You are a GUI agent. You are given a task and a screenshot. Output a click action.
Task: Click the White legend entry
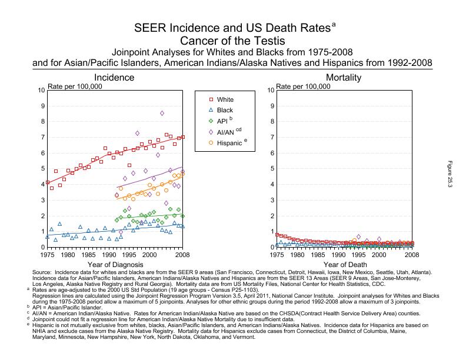pyautogui.click(x=224, y=99)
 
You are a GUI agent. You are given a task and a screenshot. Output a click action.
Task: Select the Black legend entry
pyautogui.click(x=224, y=110)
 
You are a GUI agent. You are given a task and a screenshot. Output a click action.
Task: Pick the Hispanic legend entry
pyautogui.click(x=229, y=142)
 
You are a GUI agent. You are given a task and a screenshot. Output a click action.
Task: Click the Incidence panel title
pyautogui.click(x=115, y=78)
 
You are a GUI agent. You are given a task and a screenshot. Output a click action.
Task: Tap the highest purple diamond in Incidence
pyautogui.click(x=162, y=113)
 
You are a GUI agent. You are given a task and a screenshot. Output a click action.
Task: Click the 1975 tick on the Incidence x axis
pyautogui.click(x=47, y=255)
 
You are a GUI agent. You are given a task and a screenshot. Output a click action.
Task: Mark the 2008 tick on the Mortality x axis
pyautogui.click(x=412, y=255)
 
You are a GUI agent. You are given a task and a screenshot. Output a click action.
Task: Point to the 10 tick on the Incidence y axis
pyautogui.click(x=41, y=90)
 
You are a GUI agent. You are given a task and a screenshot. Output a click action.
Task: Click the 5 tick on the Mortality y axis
pyautogui.click(x=271, y=169)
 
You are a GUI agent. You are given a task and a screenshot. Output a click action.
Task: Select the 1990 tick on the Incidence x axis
pyautogui.click(x=108, y=255)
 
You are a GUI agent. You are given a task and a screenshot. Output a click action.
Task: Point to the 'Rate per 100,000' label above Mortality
pyautogui.click(x=304, y=86)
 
